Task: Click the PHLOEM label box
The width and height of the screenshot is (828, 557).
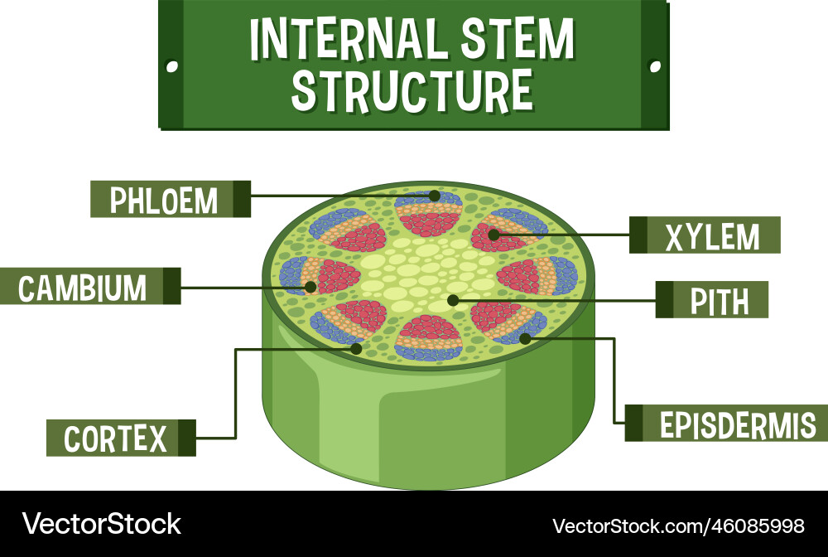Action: pos(170,200)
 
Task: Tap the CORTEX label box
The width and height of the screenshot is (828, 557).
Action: pos(120,438)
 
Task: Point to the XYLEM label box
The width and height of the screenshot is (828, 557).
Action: pos(705,235)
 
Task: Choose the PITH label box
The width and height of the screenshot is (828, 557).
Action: pos(712,299)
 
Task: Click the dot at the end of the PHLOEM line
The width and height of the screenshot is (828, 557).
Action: pos(435,196)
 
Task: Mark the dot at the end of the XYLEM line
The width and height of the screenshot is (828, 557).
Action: pos(493,235)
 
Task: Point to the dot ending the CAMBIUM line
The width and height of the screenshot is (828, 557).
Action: pos(310,288)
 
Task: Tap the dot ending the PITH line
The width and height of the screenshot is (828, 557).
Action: pos(452,299)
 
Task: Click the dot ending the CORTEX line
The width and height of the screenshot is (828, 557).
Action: pos(356,348)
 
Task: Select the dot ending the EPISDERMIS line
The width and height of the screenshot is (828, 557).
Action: pos(525,338)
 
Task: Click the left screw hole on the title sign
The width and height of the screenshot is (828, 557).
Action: pos(172,65)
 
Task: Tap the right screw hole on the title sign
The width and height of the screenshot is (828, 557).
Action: pos(654,65)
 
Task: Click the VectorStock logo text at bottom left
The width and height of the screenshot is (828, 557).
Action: pos(101,524)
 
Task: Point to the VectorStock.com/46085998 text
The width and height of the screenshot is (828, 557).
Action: pos(677,526)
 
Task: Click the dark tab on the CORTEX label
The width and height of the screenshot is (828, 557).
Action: pos(187,438)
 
